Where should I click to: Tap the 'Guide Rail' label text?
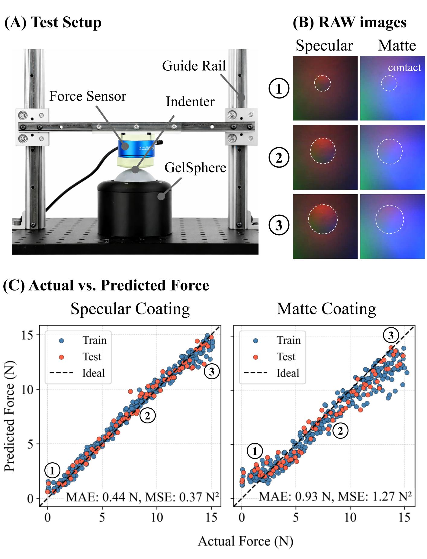coord(194,66)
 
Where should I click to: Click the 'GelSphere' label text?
coord(195,168)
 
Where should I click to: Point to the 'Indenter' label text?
coord(190,102)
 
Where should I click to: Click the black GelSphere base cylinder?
coord(134,208)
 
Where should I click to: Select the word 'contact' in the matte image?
coord(404,68)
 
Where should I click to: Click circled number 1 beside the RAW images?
coord(279,88)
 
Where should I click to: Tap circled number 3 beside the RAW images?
coord(279,225)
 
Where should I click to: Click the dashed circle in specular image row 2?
coord(323,151)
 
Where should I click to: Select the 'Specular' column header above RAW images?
coord(324,46)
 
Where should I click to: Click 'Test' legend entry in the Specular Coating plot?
coord(91,357)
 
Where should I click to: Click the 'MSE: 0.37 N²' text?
coord(182,496)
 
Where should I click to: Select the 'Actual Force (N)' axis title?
coord(245,541)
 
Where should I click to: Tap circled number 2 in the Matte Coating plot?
coord(340,431)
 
